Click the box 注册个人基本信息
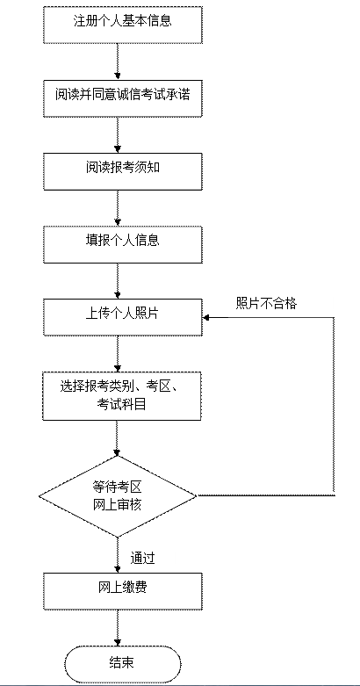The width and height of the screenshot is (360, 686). pos(122,25)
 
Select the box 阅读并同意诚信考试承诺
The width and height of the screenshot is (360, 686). pos(122,98)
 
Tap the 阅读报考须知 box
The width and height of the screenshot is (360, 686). pos(122,171)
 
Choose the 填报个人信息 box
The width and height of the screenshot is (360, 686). pos(122,244)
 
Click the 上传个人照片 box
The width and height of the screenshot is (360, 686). pos(122,318)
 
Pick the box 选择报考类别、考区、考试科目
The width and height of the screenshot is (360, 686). pos(122,396)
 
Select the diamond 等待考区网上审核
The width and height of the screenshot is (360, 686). pos(118,496)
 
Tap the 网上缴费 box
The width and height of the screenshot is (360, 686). pos(122,591)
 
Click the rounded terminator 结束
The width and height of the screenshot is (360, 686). pos(123,664)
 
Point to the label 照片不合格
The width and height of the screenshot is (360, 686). pos(266,304)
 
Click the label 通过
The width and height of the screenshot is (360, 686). pos(142,559)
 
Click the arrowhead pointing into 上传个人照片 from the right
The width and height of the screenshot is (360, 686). pos(205,317)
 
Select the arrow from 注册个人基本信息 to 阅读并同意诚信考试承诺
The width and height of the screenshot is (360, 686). pos(118,61)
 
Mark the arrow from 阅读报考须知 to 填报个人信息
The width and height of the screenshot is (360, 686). pos(118,208)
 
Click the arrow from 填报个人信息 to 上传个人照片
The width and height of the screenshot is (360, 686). pos(118,281)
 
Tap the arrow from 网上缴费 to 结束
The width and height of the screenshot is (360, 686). pos(118,628)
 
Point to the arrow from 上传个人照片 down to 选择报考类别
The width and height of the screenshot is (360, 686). pos(118,354)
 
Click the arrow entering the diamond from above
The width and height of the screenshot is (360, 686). pos(117,438)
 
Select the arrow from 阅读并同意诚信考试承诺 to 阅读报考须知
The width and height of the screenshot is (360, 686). pos(118,135)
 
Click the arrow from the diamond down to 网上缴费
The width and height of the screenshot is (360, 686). pos(118,555)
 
